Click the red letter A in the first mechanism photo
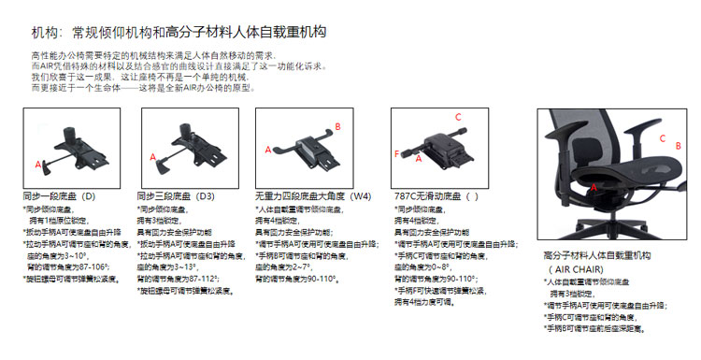[x=38, y=164]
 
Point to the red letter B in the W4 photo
[x=337, y=126]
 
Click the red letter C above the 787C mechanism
[x=457, y=117]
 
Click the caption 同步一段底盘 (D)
[x=59, y=198]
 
